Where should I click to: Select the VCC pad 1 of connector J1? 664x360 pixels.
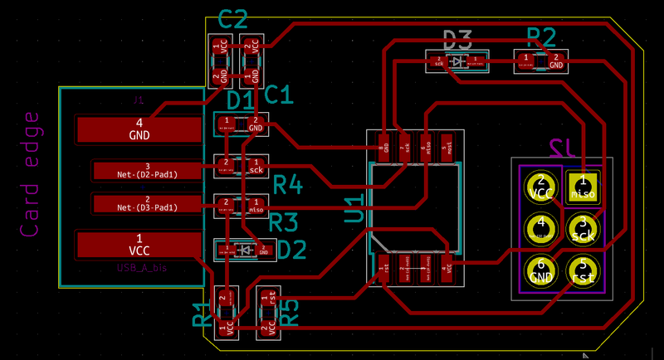138,244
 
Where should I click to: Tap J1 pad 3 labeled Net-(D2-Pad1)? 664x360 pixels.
147,170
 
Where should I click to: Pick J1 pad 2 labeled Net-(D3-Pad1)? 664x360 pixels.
147,203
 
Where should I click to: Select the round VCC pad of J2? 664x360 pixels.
541,186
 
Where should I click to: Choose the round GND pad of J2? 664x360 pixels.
541,268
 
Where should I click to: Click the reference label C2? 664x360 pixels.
233,18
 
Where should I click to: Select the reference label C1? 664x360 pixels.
279,95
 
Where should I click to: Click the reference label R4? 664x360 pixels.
287,185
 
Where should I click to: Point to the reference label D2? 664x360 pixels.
292,250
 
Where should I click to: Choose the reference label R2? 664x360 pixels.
541,36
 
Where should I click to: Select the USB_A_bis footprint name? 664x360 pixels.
142,268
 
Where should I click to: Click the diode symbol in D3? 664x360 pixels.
457,61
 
